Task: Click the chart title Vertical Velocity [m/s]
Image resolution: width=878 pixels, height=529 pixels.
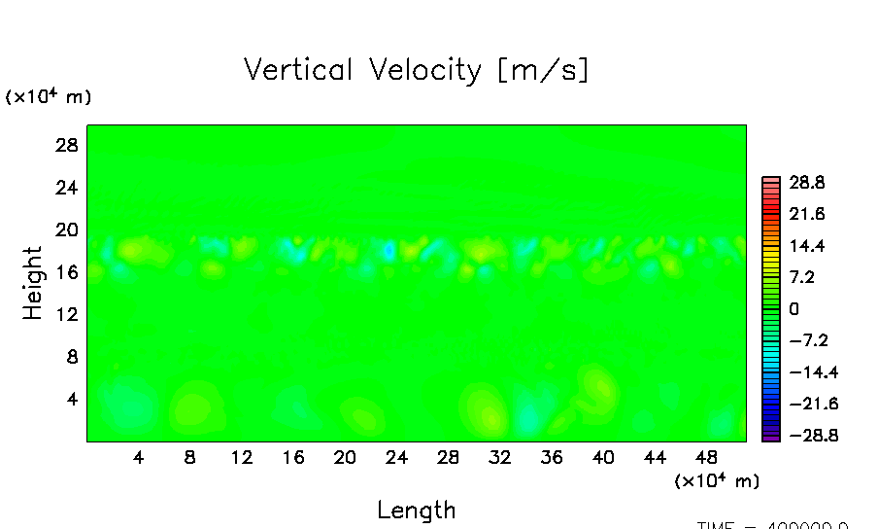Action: pos(416,71)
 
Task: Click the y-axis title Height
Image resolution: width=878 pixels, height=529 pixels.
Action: pos(33,283)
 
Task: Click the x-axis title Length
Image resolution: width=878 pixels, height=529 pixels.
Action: pos(416,510)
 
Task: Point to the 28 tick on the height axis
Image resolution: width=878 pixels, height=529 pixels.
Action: pos(66,145)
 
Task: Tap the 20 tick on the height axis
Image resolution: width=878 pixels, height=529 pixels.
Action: pos(66,229)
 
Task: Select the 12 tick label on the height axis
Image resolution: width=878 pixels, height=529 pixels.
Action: pos(66,314)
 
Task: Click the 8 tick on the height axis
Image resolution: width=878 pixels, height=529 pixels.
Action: pos(70,357)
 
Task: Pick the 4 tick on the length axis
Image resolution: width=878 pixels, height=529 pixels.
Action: pos(139,457)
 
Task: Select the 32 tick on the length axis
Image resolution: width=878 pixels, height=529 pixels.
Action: pos(499,457)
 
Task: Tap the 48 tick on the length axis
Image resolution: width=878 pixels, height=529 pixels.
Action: pos(705,457)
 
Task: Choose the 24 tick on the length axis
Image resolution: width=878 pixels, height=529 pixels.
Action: pos(396,457)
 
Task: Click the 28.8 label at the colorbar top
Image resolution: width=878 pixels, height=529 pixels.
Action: pos(807,182)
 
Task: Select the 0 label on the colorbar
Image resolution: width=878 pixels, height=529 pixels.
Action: pos(794,309)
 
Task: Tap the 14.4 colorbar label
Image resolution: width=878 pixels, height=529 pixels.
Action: pos(807,246)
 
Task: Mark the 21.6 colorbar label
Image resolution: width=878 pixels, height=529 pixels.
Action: pos(807,214)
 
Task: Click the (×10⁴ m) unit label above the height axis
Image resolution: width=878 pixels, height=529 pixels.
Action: pos(49,97)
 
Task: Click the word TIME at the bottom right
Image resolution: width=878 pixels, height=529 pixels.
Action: pos(718,525)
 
